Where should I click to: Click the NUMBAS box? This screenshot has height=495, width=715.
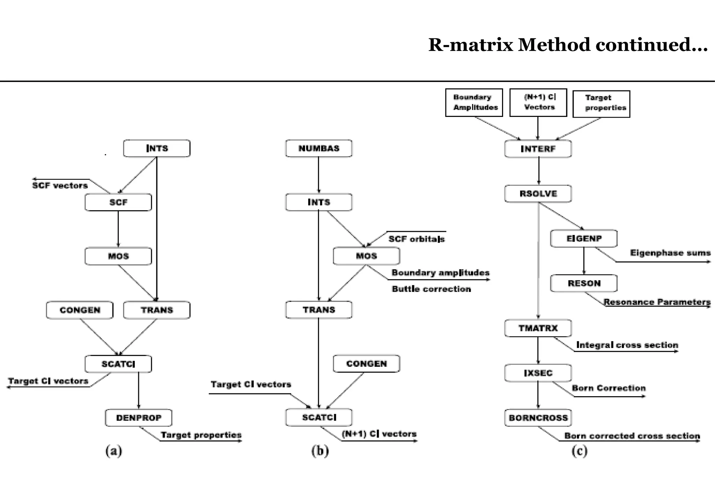pyautogui.click(x=319, y=148)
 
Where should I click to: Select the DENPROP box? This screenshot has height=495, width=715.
pyautogui.click(x=139, y=418)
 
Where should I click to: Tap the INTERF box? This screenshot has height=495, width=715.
pyautogui.click(x=538, y=149)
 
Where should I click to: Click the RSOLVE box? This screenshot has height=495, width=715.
pyautogui.click(x=538, y=194)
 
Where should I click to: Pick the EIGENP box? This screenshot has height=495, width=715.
pyautogui.click(x=584, y=238)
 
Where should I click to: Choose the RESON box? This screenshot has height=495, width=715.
pyautogui.click(x=584, y=283)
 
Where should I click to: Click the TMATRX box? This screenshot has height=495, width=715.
pyautogui.click(x=538, y=328)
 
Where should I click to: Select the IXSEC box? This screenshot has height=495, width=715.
pyautogui.click(x=538, y=373)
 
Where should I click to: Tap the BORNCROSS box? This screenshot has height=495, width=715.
pyautogui.click(x=538, y=418)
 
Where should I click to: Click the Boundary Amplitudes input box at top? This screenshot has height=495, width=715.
pyautogui.click(x=474, y=102)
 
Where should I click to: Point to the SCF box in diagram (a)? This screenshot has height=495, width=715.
pyautogui.click(x=118, y=202)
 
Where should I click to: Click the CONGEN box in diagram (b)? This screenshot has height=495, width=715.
pyautogui.click(x=366, y=364)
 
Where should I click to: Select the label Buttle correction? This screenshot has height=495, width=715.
pyautogui.click(x=431, y=289)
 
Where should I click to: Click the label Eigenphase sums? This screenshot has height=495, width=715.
pyautogui.click(x=670, y=253)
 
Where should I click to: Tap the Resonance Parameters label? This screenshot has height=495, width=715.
pyautogui.click(x=657, y=302)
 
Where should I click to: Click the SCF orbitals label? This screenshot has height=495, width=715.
pyautogui.click(x=417, y=239)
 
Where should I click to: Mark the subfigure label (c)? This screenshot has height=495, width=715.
pyautogui.click(x=579, y=451)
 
